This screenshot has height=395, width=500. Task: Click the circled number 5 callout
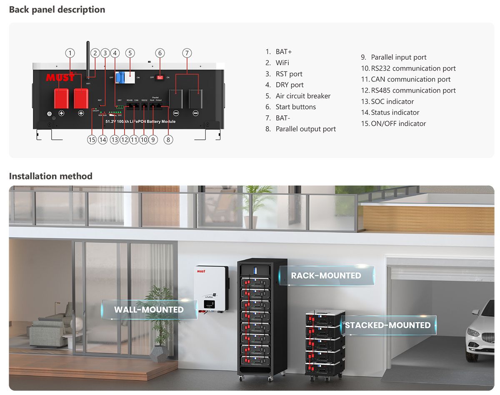[x=130, y=53]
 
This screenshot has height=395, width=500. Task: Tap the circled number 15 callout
[x=92, y=140]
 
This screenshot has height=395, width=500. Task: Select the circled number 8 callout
[x=168, y=140]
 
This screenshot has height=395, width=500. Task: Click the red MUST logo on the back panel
[x=60, y=78]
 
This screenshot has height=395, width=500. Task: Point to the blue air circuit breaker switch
[x=123, y=78]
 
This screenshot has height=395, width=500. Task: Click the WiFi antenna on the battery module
[x=88, y=58]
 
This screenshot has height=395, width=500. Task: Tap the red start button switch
[x=160, y=77]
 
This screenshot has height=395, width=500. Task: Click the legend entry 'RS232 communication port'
[x=408, y=68]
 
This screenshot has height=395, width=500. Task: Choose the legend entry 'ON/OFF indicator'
[x=393, y=124]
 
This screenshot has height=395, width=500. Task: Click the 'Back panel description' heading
[x=57, y=10]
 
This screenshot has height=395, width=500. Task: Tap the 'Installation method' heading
[x=51, y=176]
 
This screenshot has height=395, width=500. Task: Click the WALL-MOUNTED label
[x=149, y=310]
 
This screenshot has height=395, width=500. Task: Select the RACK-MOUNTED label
[x=326, y=276]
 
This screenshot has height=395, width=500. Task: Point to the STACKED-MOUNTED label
[x=387, y=325]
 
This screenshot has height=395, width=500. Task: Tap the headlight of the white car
[x=473, y=333]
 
